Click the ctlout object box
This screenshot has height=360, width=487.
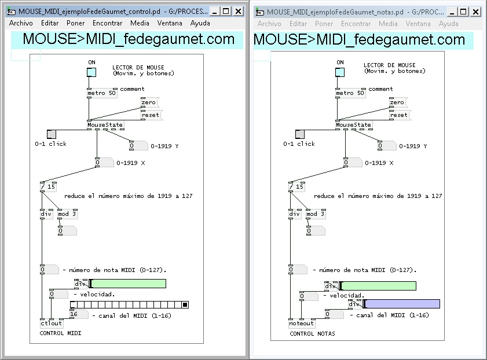[x=52, y=324]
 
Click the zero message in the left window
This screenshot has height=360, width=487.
[x=149, y=102]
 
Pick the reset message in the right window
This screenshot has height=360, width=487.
[x=398, y=115]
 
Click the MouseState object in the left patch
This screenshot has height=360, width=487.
[x=105, y=124]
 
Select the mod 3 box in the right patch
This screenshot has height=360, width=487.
[x=315, y=214]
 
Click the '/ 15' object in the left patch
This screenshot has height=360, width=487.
[x=48, y=186]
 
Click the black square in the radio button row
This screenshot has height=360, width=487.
[x=185, y=305]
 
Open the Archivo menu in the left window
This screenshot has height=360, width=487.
[x=21, y=23]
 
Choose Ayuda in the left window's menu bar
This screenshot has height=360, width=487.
[x=200, y=23]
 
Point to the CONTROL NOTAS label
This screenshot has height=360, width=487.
[x=312, y=334]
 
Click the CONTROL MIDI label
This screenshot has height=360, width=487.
[x=60, y=333]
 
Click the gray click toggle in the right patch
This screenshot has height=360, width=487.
[x=299, y=134]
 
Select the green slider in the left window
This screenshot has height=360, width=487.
[x=128, y=284]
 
